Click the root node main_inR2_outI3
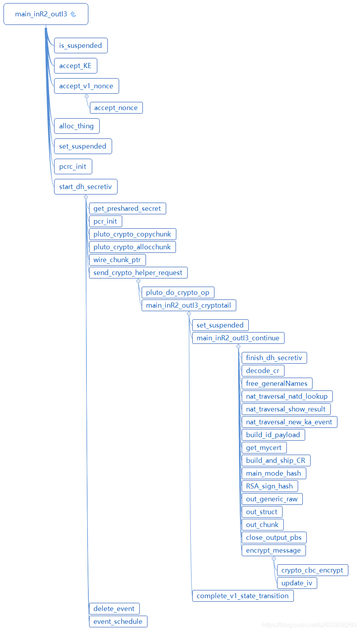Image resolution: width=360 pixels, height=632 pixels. tap(41, 14)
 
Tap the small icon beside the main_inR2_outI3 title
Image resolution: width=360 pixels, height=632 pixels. tap(73, 14)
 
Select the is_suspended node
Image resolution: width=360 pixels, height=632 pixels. tap(81, 46)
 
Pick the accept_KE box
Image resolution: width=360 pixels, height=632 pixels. tap(75, 66)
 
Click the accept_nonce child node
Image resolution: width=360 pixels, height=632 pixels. tap(116, 108)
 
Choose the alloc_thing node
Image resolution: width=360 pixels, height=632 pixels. tap(76, 126)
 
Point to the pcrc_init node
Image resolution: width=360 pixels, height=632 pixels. tap(73, 166)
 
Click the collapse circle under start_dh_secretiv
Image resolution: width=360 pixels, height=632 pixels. tap(86, 197)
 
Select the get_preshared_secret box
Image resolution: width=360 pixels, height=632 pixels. tap(127, 208)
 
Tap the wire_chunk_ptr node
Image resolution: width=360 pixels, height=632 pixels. tap(117, 260)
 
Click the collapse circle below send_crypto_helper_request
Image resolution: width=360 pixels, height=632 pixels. tap(138, 281)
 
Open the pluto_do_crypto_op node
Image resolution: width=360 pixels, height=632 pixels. tap(178, 292)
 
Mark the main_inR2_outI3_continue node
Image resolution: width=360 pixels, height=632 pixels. tap(238, 338)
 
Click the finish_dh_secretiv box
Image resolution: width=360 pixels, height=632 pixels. tap(274, 358)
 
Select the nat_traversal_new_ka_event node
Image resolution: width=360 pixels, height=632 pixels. tap(289, 422)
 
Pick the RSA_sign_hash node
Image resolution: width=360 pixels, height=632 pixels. tap(269, 486)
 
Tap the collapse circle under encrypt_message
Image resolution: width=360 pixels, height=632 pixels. tap(274, 558)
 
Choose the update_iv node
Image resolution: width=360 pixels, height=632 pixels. tap(297, 583)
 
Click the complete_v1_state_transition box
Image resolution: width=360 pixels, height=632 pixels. tap(242, 596)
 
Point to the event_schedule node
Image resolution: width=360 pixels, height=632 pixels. tap(118, 621)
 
